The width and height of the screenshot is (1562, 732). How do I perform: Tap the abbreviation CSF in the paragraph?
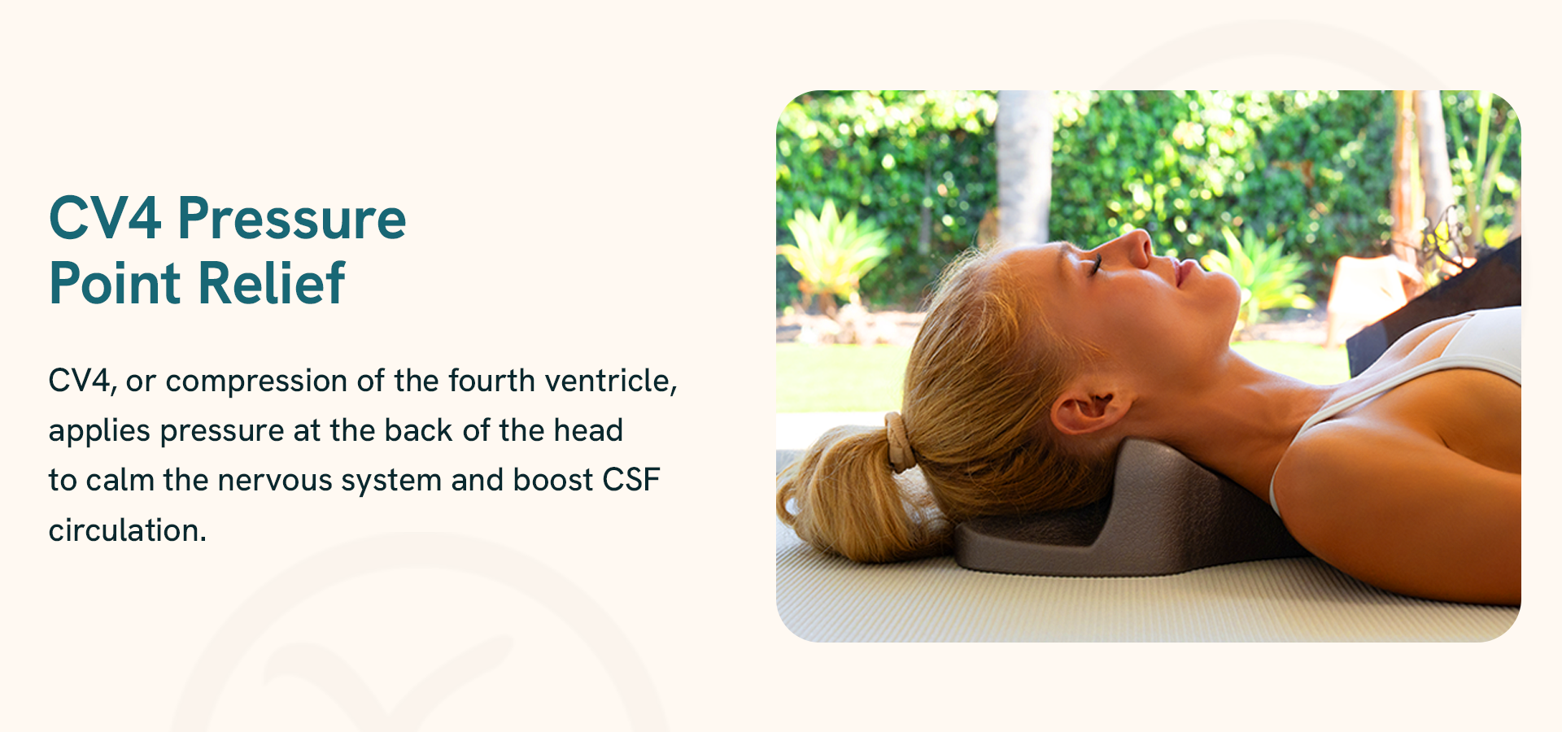pos(631,480)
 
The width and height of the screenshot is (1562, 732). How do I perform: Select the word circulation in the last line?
pos(128,530)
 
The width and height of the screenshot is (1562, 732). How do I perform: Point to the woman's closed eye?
pos(1095,264)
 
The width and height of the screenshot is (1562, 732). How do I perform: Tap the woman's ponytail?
pos(846,496)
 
